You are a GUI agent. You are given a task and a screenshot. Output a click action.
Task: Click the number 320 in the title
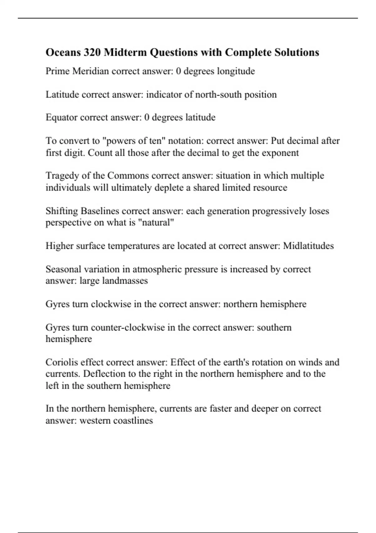(x=92, y=52)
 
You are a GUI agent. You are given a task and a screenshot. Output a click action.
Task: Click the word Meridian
(x=91, y=71)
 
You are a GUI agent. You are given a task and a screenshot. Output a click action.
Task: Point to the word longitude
(x=236, y=71)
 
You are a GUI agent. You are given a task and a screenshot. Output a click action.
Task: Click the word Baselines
(x=100, y=211)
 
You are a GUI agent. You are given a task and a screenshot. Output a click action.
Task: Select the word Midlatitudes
(x=308, y=246)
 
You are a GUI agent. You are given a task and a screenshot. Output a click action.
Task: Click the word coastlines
(x=133, y=420)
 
